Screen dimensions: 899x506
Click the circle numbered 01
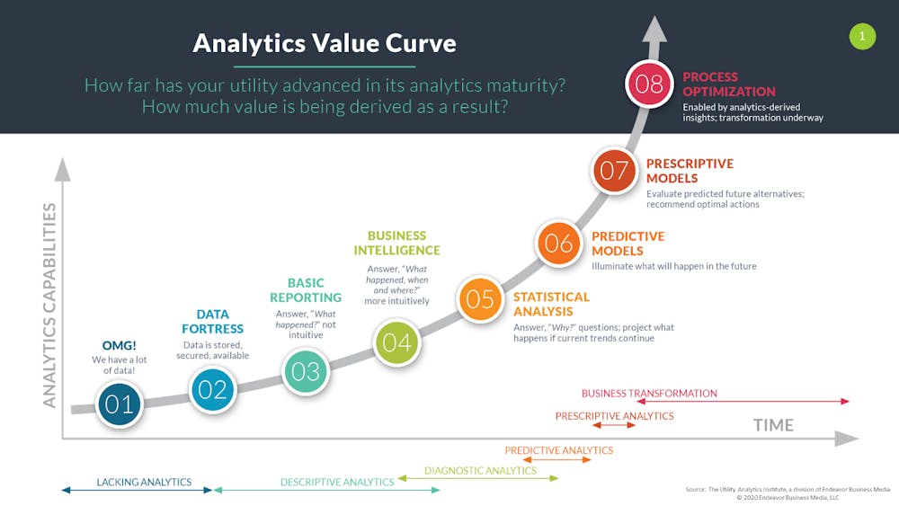(120, 404)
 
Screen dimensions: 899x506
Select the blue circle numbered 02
(213, 390)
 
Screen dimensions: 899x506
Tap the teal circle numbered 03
(306, 371)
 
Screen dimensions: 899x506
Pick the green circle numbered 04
(396, 342)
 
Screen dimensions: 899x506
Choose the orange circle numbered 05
(480, 298)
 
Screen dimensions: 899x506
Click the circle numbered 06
(558, 243)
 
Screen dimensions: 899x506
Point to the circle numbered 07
(614, 170)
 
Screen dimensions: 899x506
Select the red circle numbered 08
(649, 84)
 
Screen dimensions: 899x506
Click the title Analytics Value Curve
(325, 43)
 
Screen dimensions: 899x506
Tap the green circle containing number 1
(862, 36)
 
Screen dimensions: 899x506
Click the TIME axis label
(773, 425)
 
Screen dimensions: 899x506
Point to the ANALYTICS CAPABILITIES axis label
(49, 306)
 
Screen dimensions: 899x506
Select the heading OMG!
(120, 345)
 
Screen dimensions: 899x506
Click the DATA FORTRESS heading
(213, 322)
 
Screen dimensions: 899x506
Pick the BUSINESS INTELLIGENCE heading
(396, 243)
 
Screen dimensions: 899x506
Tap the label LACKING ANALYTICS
(144, 482)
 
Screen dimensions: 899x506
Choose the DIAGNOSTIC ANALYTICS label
(480, 470)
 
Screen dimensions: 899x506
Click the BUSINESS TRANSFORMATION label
(649, 393)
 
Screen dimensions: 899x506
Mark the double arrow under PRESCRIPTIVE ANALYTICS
(614, 425)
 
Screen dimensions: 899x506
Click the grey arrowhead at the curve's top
(654, 30)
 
